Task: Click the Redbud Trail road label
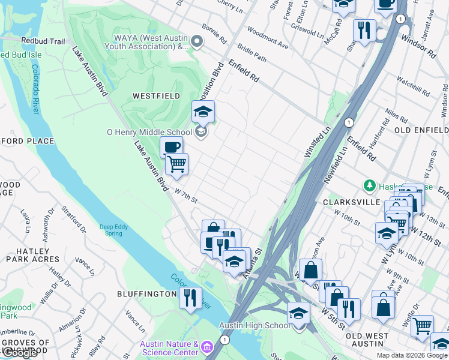pyautogui.click(x=42, y=41)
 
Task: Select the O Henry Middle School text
pyautogui.click(x=149, y=132)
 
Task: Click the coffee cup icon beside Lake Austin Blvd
pyautogui.click(x=171, y=146)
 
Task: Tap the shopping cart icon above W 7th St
pyautogui.click(x=176, y=163)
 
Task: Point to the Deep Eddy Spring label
pyautogui.click(x=114, y=230)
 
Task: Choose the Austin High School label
pyautogui.click(x=255, y=325)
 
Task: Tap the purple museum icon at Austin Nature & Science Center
pyautogui.click(x=207, y=347)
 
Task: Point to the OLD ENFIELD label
pyautogui.click(x=421, y=130)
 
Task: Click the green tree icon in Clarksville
pyautogui.click(x=370, y=186)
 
